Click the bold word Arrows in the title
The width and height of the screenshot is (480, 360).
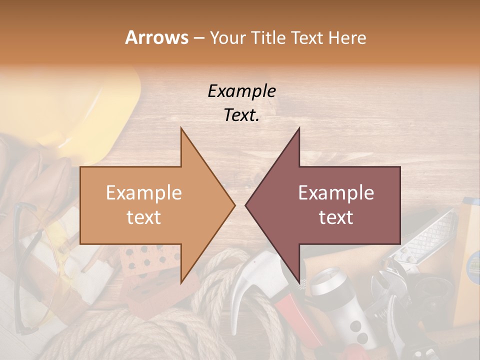click(156, 37)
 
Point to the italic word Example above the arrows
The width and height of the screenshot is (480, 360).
click(241, 91)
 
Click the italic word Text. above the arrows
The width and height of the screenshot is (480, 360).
click(241, 115)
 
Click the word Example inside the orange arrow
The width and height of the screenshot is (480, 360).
click(144, 193)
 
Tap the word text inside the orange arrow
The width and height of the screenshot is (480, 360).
click(144, 217)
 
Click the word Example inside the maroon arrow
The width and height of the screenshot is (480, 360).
click(336, 193)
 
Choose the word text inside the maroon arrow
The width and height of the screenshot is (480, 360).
click(336, 217)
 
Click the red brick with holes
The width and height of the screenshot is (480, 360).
click(150, 260)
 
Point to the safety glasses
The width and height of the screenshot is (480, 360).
click(30, 260)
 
